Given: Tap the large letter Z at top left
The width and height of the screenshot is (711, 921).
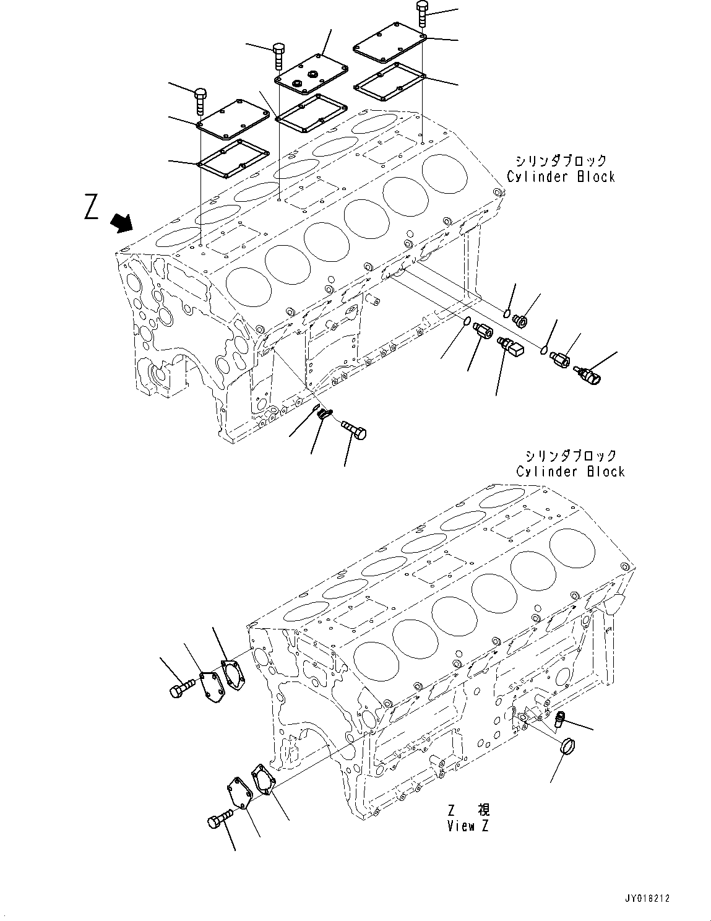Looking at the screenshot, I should (91, 207).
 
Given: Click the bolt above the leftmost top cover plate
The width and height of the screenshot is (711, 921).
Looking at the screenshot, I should (201, 101).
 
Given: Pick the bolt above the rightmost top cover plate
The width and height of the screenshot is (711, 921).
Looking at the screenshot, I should (422, 13).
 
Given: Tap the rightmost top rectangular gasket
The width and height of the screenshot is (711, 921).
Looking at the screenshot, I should (389, 80).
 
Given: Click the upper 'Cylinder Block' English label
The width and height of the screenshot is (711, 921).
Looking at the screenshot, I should (561, 177).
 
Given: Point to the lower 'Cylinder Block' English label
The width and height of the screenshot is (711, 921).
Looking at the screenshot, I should (570, 472).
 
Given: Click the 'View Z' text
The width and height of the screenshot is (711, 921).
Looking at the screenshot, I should (468, 826).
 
